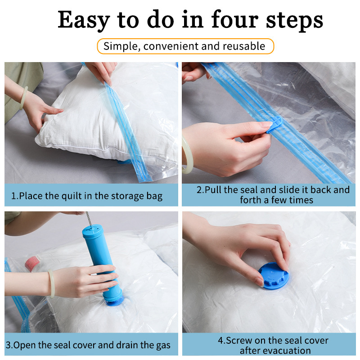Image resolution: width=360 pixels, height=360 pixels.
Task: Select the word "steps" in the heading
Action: [x=297, y=21]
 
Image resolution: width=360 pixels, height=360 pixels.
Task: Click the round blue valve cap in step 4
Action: [x=273, y=276]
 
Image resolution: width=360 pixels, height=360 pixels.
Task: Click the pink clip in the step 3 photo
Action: [x=31, y=262]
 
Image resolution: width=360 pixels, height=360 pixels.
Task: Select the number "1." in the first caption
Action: [x=14, y=196]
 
